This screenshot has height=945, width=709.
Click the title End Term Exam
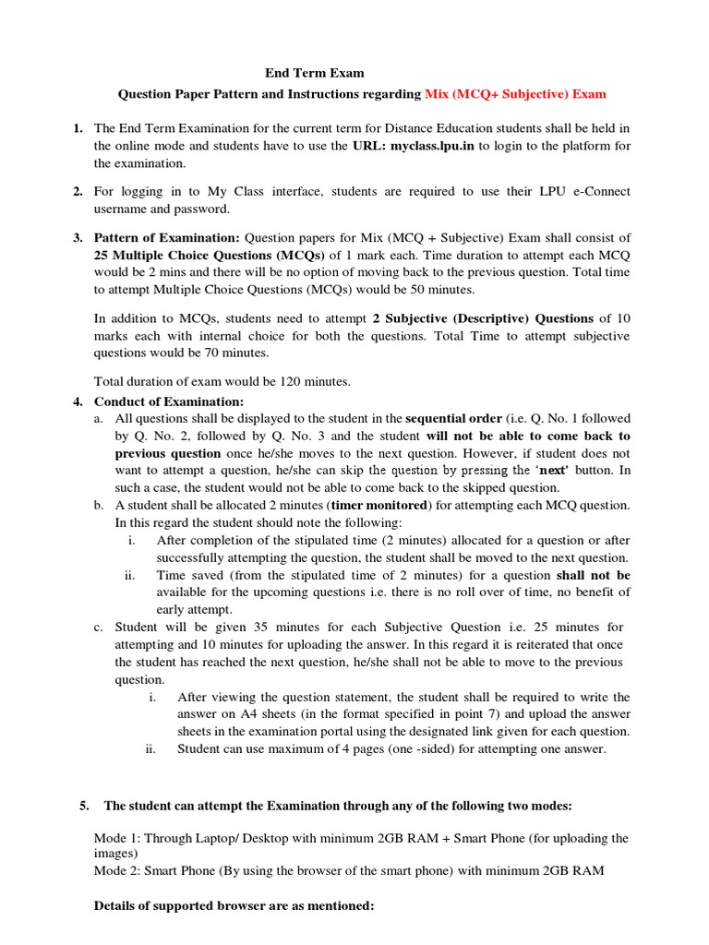coord(314,72)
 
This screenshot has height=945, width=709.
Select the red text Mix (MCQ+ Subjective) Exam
coord(515,94)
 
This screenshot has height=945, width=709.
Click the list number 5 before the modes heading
coord(84,806)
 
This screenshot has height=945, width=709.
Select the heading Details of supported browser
coord(234,906)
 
